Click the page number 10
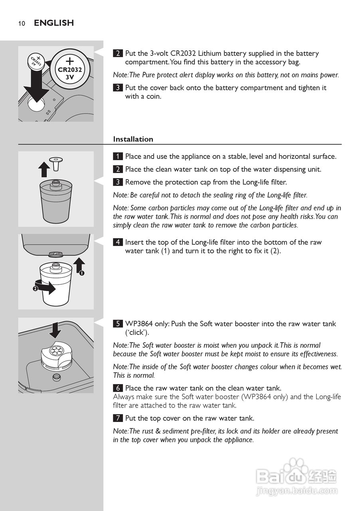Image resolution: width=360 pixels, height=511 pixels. pyautogui.click(x=22, y=23)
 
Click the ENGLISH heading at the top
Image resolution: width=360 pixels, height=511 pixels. pyautogui.click(x=54, y=23)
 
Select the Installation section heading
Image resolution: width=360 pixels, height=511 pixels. pyautogui.click(x=133, y=139)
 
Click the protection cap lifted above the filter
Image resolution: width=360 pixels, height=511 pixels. pyautogui.click(x=56, y=163)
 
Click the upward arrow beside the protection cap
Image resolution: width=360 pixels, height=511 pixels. pyautogui.click(x=44, y=169)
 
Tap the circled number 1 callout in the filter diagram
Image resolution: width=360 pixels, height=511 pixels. pyautogui.click(x=82, y=273)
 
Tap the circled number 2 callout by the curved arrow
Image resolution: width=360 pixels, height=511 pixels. pyautogui.click(x=35, y=289)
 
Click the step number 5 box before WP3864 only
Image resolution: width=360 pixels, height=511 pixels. pyautogui.click(x=118, y=324)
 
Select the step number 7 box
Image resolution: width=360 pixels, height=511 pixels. pyautogui.click(x=118, y=418)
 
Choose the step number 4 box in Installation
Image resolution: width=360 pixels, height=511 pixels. pyautogui.click(x=118, y=242)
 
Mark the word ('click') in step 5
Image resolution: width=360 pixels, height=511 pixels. pyautogui.click(x=137, y=333)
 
